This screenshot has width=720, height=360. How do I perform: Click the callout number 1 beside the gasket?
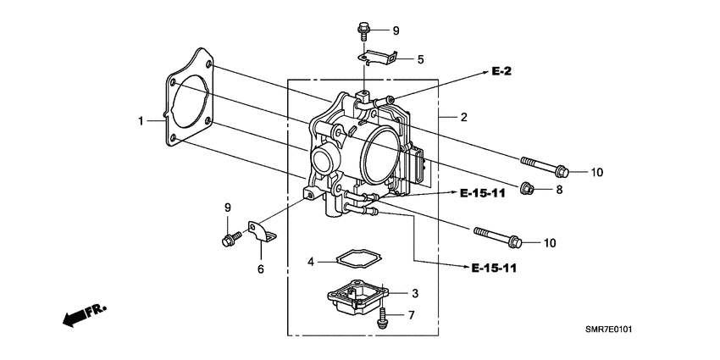pyautogui.click(x=142, y=121)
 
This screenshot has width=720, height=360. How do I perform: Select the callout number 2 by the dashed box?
pyautogui.click(x=464, y=117)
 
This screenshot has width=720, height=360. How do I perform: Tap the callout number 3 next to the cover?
pyautogui.click(x=415, y=293)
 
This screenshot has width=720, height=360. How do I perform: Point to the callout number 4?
pyautogui.click(x=311, y=262)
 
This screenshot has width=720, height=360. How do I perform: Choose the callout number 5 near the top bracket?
pyautogui.click(x=420, y=59)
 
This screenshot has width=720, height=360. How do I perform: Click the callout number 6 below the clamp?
pyautogui.click(x=261, y=269)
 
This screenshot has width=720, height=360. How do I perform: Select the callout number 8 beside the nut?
pyautogui.click(x=558, y=191)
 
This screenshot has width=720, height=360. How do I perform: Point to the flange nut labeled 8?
pyautogui.click(x=525, y=188)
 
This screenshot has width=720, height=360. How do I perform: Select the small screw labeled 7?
pyautogui.click(x=383, y=316)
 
